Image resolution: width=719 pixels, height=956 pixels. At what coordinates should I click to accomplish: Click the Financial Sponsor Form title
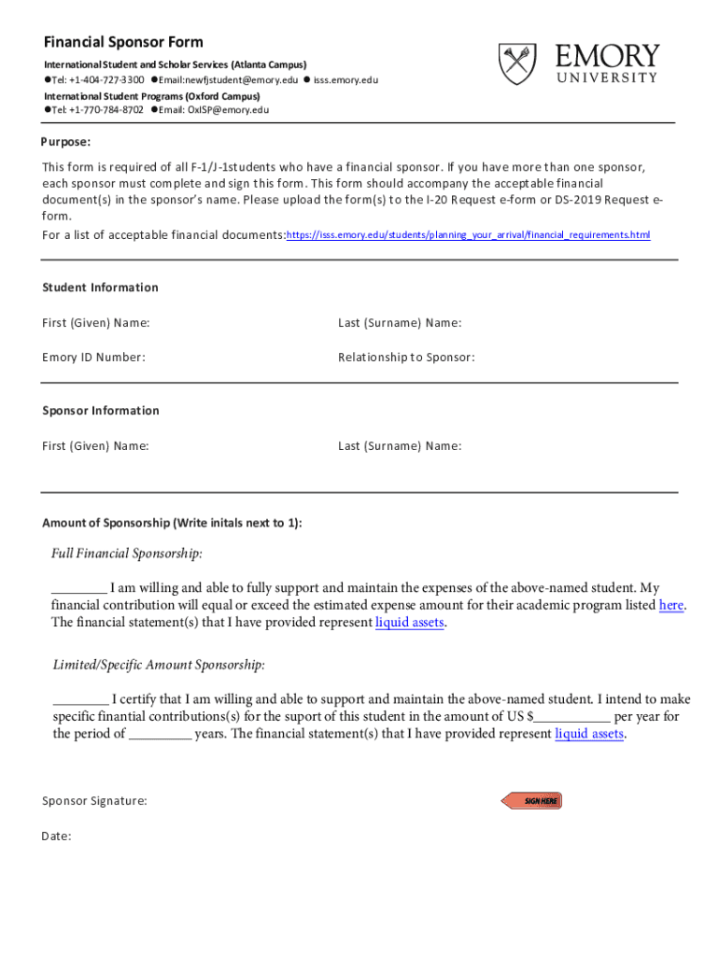pos(123,42)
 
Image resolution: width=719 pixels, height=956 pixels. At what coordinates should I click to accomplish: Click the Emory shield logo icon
pos(517,63)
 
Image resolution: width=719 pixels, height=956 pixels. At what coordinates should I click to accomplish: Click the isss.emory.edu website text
pos(345,80)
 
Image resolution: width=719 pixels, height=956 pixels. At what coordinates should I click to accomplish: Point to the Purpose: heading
pos(65,142)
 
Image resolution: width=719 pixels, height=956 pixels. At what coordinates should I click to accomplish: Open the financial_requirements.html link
pos(468,235)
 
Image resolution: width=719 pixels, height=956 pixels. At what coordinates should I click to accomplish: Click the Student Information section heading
pos(100,288)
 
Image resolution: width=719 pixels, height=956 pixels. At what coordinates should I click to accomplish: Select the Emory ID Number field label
pos(93,357)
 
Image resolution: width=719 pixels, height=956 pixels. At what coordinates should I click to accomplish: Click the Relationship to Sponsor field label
pos(406,357)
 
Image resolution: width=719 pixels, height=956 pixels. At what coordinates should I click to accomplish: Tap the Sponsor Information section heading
pos(101,411)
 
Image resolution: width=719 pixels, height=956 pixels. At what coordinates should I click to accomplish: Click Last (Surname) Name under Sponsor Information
pos(400,446)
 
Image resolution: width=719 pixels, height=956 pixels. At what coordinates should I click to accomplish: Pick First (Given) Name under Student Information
pos(95,323)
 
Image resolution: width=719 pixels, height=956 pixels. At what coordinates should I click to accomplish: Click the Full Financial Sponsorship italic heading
pos(127,554)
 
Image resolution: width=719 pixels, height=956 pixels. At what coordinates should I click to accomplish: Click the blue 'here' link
pos(670,605)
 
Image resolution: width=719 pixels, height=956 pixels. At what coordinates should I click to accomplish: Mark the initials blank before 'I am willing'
pos(78,589)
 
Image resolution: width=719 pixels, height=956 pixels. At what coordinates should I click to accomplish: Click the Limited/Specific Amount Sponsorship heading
pos(159,665)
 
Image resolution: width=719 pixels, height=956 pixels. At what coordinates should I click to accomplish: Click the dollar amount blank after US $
pos(572,717)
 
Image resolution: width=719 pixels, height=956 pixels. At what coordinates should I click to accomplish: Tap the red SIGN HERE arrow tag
pos(532,801)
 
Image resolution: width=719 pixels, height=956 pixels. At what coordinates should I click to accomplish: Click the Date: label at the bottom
pos(56,836)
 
